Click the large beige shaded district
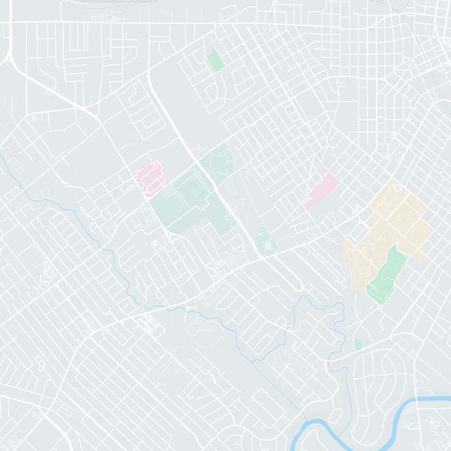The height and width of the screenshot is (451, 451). point(395,220)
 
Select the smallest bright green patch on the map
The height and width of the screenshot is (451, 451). point(357,344)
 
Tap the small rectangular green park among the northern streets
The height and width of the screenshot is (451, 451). point(215,59)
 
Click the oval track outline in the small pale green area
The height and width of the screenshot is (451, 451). point(264,245)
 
